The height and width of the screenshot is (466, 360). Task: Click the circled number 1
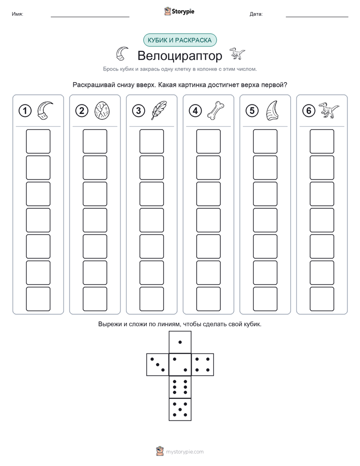pos(25,111)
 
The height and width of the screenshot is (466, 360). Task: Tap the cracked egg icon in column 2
pos(102,110)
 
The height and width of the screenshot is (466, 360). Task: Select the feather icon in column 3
pos(159,110)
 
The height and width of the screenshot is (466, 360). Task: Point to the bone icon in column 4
pos(216,110)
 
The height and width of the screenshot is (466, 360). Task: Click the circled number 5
pos(252,111)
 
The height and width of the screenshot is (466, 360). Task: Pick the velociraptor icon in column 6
pos(329,110)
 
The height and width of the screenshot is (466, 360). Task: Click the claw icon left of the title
pos(122,53)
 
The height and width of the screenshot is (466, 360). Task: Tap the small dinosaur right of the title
pos(237,53)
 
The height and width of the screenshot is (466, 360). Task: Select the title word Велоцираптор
pos(179,55)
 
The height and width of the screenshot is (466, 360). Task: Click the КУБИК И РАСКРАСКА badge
pos(179,40)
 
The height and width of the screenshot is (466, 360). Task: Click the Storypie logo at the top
pos(179,11)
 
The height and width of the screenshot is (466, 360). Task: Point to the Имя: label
pos(17,14)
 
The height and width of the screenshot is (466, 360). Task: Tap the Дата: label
pos(256,14)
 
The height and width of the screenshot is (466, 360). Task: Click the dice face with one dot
pos(180,342)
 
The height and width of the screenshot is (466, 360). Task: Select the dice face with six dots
pos(180,387)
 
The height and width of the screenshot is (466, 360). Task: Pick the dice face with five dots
pos(180,409)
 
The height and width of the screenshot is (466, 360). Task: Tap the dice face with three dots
pos(158,365)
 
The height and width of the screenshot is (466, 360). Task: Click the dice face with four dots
pos(203,365)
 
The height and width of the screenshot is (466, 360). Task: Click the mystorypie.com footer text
pos(185,452)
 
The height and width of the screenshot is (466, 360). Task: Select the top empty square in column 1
pos(38,141)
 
